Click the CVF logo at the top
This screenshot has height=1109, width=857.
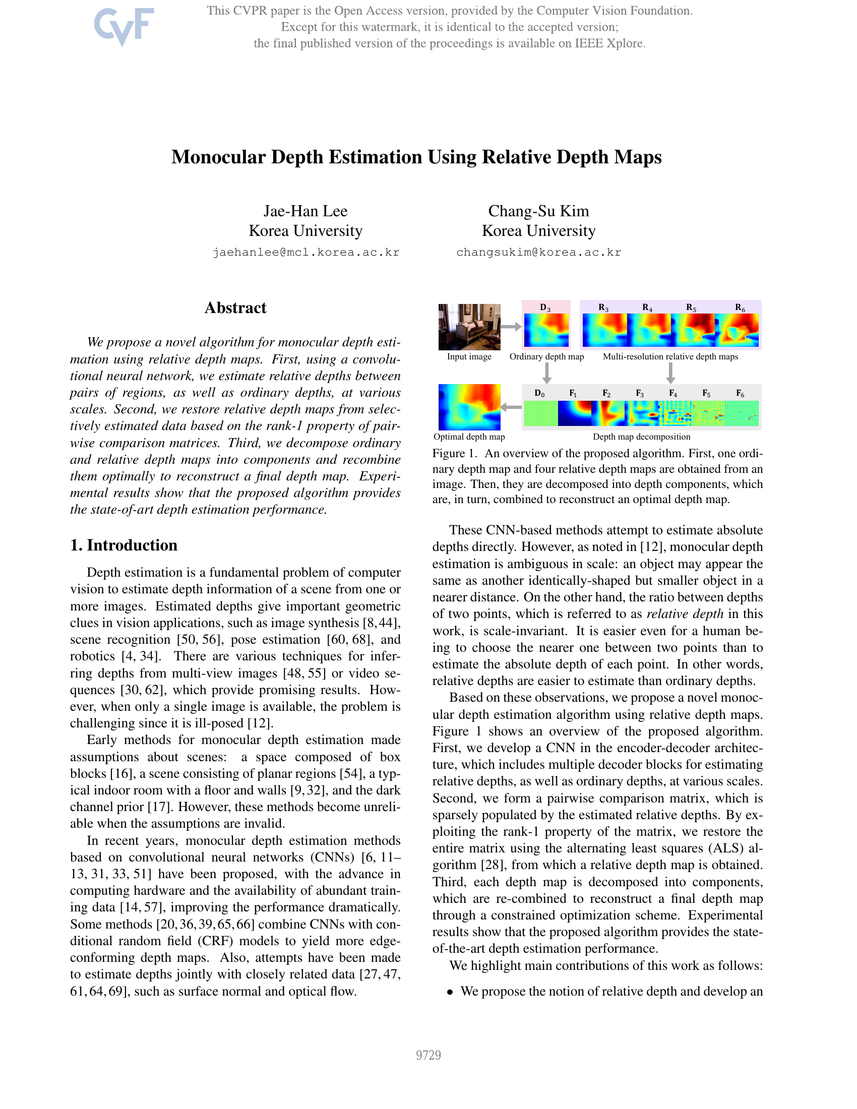tap(124, 26)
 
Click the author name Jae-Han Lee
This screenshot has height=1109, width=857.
tap(305, 211)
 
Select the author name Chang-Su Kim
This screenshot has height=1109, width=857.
tap(538, 211)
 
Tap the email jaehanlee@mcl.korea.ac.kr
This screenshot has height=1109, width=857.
tap(305, 253)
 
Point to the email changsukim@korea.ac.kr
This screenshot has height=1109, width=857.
tap(538, 253)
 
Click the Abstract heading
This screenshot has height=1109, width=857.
tap(235, 307)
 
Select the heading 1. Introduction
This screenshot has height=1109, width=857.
tap(124, 545)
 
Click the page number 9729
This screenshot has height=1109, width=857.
tap(428, 1055)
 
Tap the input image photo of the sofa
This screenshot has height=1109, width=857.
tap(469, 327)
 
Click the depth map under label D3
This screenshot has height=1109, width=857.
tap(546, 330)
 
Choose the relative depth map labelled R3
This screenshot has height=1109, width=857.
tap(604, 330)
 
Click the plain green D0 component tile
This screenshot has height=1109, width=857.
tap(540, 413)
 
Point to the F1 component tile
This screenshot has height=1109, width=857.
tap(575, 413)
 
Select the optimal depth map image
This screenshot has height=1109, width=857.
tap(469, 407)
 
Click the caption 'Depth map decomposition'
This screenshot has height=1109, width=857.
tap(641, 437)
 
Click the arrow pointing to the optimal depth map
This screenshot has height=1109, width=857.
tap(511, 407)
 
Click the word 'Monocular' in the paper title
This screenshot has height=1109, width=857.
tap(218, 157)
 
